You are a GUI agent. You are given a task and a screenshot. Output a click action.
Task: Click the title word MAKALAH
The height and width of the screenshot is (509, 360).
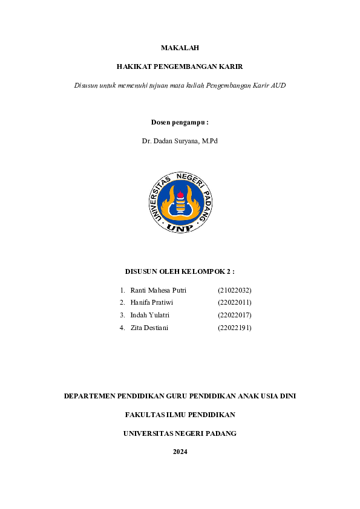click(x=180, y=47)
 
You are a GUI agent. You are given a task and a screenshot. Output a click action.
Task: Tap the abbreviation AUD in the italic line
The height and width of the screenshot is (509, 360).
click(x=278, y=85)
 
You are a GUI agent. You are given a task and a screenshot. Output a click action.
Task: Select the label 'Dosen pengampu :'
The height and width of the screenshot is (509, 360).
click(x=180, y=122)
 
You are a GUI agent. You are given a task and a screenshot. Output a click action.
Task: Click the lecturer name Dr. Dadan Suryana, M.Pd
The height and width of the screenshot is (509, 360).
click(x=180, y=140)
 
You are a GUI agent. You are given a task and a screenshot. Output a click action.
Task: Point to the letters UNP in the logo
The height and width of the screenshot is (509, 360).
click(x=180, y=228)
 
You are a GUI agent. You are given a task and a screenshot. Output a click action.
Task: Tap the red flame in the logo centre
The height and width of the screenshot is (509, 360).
click(x=180, y=195)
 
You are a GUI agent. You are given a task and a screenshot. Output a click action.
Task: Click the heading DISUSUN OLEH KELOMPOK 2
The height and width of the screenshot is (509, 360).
click(x=180, y=271)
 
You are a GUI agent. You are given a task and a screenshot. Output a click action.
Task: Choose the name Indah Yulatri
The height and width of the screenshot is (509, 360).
click(x=149, y=315)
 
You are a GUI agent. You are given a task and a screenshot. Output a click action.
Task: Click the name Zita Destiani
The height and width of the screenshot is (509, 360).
click(x=149, y=328)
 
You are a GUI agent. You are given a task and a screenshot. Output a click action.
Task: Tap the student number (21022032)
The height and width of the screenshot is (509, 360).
click(x=234, y=290)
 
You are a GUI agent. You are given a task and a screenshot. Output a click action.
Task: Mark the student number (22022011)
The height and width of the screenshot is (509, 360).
click(x=234, y=302)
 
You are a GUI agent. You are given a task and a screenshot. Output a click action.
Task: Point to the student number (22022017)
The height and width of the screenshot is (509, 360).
click(x=234, y=315)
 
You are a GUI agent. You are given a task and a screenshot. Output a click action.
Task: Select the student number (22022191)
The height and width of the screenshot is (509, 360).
click(x=234, y=328)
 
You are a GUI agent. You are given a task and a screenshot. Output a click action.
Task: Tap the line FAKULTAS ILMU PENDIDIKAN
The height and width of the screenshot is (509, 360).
click(x=180, y=415)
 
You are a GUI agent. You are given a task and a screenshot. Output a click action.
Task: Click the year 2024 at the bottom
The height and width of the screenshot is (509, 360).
click(x=180, y=452)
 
